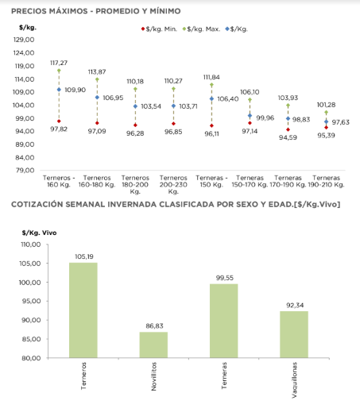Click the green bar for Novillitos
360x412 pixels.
click(153, 345)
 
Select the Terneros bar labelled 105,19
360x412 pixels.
click(83, 310)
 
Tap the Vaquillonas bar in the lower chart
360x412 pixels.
click(294, 334)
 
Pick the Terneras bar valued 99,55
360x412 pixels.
click(224, 321)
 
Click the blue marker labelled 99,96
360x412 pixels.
click(250, 116)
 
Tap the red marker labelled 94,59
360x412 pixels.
click(288, 129)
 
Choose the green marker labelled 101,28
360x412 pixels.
click(326, 113)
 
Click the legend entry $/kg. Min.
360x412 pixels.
click(159, 29)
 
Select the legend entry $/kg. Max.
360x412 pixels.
click(201, 29)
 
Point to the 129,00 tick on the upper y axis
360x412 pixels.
click(24, 40)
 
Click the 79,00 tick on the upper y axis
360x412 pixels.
click(25, 170)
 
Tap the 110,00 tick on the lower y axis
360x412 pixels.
click(31, 245)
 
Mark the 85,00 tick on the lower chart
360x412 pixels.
click(31, 339)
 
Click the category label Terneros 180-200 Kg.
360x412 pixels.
click(135, 184)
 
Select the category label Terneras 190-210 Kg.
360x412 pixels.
click(326, 181)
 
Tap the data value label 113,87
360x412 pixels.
click(97, 71)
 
